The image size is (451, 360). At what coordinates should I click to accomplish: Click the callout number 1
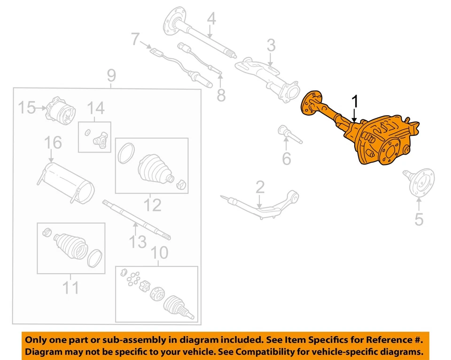tap(355, 102)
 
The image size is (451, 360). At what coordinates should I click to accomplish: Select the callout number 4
tap(211, 19)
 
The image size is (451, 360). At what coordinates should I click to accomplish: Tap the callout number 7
tap(136, 39)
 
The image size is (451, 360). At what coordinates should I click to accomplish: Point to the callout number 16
tap(53, 142)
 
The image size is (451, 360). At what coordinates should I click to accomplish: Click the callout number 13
tap(138, 242)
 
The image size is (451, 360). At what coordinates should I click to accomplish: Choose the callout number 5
tap(419, 219)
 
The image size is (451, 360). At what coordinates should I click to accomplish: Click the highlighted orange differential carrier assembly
tap(376, 141)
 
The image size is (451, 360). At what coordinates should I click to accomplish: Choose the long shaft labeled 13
tap(136, 219)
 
